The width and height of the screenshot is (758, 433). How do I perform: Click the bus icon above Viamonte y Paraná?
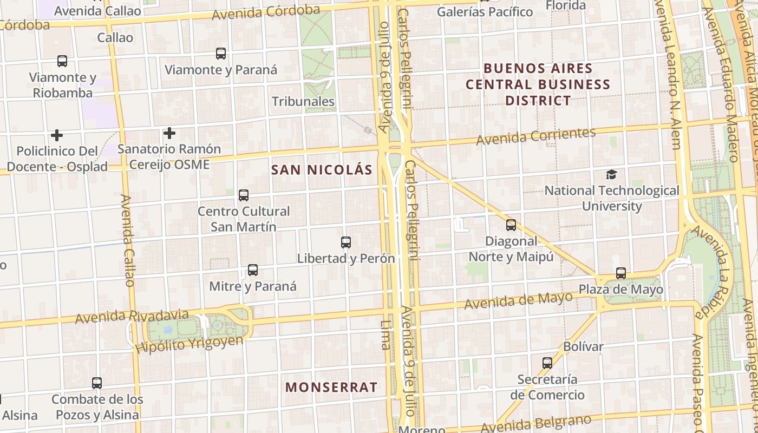click(221, 54)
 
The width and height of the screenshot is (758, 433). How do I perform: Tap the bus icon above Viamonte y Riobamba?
click(62, 61)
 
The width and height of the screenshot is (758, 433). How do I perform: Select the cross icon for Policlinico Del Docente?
click(57, 135)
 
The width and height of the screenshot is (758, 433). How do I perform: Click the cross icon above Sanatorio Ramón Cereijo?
click(169, 133)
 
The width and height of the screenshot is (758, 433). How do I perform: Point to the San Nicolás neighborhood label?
click(322, 170)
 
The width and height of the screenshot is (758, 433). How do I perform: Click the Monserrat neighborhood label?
click(331, 388)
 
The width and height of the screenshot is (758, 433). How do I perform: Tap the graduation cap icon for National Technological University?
click(611, 174)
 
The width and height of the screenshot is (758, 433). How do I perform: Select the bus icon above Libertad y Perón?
click(346, 242)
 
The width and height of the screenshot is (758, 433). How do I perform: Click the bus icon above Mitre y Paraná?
click(253, 270)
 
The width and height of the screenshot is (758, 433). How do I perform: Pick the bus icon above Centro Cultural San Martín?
click(244, 195)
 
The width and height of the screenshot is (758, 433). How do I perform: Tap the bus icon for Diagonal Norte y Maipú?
click(511, 225)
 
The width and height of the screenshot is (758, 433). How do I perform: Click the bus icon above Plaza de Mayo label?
click(621, 273)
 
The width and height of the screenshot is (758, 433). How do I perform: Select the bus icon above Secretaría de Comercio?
click(547, 363)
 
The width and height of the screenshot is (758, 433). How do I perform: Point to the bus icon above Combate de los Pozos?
click(97, 383)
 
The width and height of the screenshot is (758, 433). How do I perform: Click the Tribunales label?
click(303, 102)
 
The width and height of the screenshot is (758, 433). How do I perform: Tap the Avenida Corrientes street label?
click(536, 136)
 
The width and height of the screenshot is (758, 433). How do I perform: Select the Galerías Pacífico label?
click(485, 11)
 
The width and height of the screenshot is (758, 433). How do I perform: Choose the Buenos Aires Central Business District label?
click(538, 84)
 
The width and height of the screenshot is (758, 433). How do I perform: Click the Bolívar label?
click(583, 346)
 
